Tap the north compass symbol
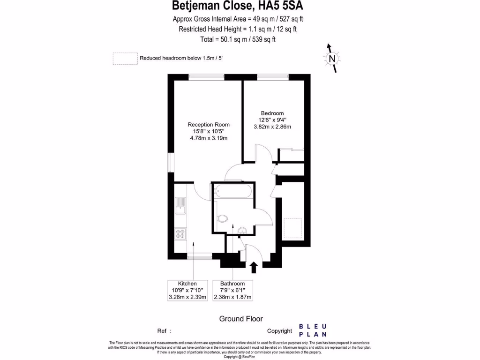pos(332,59)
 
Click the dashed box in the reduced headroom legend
pos(125,59)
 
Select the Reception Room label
pos(209,124)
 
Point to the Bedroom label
pos(272,113)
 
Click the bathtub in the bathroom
pos(232,192)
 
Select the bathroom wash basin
pos(242,230)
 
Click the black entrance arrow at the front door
pos(254,267)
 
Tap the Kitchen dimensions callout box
pos(187,291)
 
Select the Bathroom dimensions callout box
pos(232,291)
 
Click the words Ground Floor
pos(241,319)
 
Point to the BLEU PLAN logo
pos(313,330)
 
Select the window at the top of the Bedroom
pos(272,77)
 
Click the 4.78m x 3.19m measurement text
pos(209,138)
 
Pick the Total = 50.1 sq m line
pos(238,39)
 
